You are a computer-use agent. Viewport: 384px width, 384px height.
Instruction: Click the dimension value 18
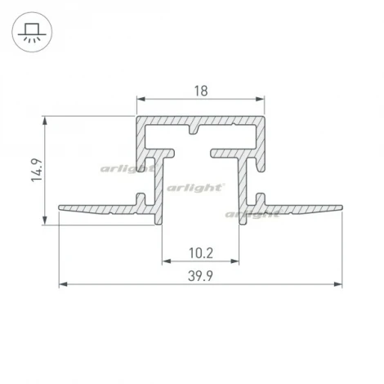pyautogui.click(x=200, y=93)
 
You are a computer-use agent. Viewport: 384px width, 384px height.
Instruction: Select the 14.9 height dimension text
pyautogui.click(x=38, y=170)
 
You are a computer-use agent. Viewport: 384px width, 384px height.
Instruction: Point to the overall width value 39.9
pyautogui.click(x=200, y=276)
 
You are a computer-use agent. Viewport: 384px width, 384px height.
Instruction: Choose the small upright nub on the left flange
pyautogui.click(x=143, y=199)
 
